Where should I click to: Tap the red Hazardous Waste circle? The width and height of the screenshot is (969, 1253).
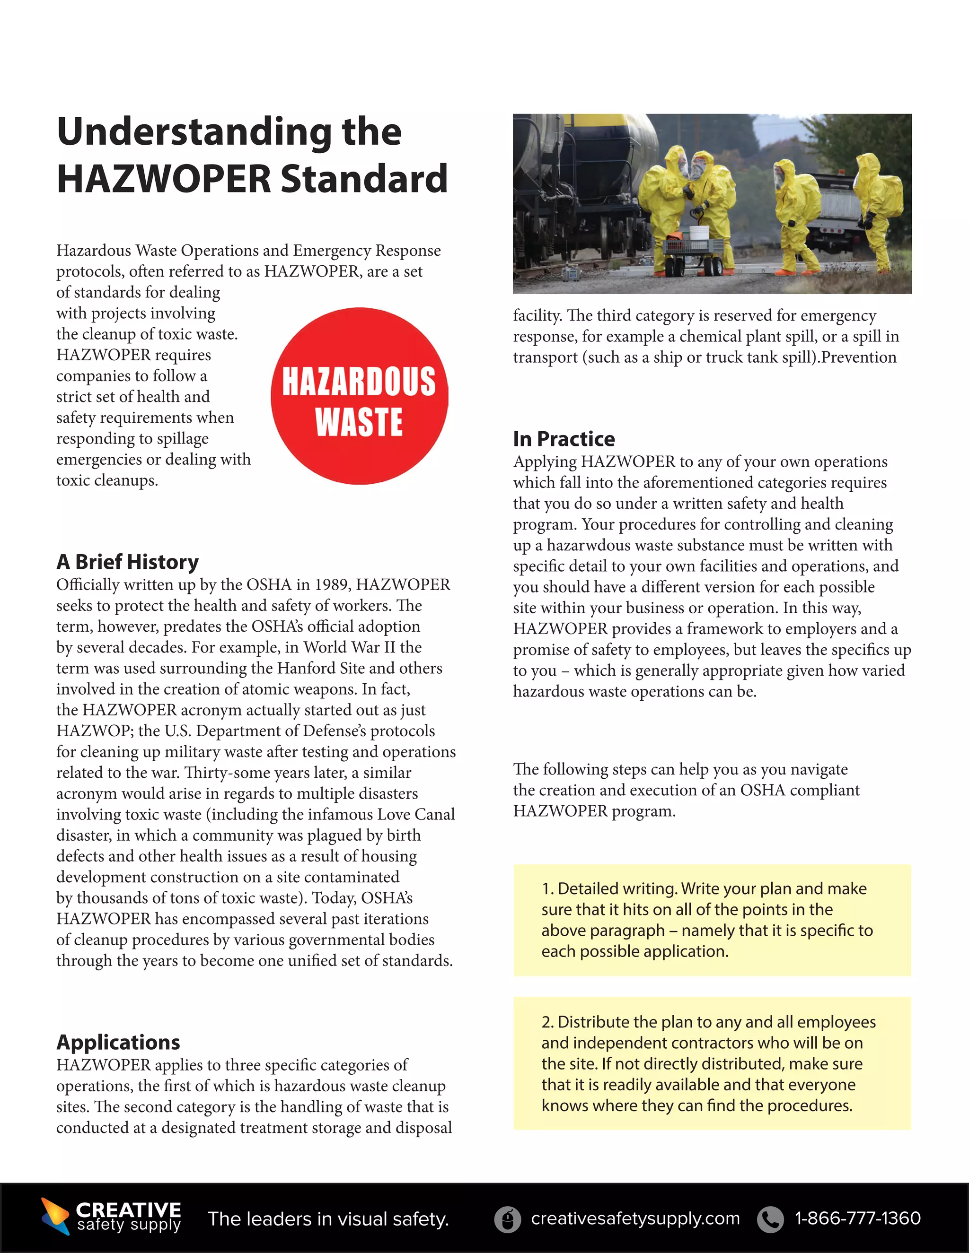coord(360,396)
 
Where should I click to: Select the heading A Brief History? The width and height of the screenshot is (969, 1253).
coord(127,562)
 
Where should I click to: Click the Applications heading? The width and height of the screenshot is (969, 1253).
coord(118,1042)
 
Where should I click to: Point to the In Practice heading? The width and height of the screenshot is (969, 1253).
coord(564,439)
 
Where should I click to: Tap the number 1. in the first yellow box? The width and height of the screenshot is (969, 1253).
coord(547,889)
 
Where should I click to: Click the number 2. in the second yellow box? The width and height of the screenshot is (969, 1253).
coord(547,1022)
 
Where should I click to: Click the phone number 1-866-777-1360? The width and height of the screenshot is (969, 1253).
coord(858,1218)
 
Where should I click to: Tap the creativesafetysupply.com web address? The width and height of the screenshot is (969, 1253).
coord(635,1218)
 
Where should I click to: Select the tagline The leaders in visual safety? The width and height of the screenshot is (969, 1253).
coord(328,1218)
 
